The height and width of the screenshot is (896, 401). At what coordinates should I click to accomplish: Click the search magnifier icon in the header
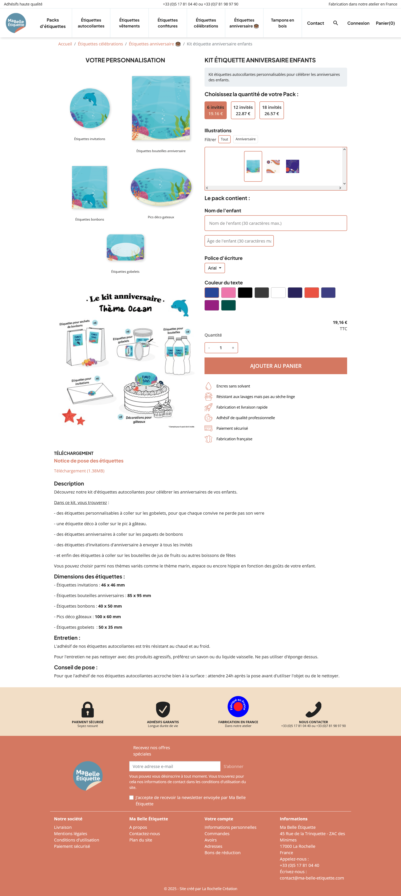[x=335, y=23]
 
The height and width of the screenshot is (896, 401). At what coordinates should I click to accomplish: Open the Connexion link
[x=358, y=23]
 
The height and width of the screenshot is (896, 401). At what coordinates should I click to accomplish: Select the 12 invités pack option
[x=243, y=110]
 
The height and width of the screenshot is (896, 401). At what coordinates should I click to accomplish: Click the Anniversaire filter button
[x=245, y=139]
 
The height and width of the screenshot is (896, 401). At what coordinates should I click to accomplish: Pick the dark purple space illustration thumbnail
[x=292, y=166]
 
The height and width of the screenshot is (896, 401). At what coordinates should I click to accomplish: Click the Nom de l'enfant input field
[x=276, y=223]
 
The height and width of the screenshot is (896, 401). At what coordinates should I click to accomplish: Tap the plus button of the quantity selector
[x=233, y=348]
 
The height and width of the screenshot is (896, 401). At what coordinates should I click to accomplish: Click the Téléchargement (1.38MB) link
[x=79, y=471]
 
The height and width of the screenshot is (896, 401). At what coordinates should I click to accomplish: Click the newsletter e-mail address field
[x=175, y=766]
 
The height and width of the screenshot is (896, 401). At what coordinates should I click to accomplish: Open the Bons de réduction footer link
[x=222, y=852]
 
